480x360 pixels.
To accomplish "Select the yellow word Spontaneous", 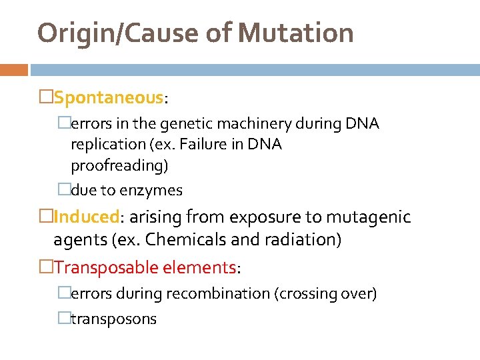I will (x=109, y=98).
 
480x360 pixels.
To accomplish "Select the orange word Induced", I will (x=86, y=217).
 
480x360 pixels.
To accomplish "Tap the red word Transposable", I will (x=99, y=267).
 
